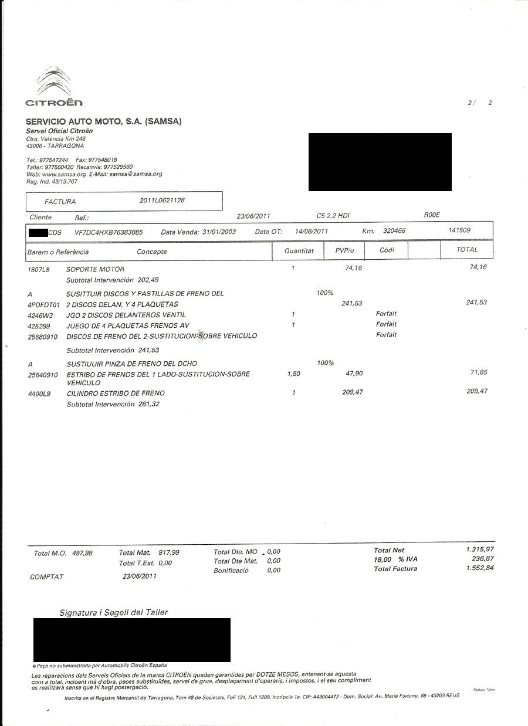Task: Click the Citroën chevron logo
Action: [53, 82]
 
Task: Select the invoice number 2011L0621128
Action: [162, 201]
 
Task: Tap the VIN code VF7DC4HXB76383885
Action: [109, 232]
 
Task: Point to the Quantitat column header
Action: [299, 250]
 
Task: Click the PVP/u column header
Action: [343, 250]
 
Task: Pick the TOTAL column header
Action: [467, 250]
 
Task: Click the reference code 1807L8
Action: [39, 270]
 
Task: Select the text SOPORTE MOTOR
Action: [95, 270]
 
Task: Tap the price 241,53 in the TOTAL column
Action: [476, 303]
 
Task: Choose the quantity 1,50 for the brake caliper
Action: [294, 374]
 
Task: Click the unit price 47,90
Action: [354, 374]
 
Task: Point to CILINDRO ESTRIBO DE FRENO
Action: [116, 393]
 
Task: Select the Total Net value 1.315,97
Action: [479, 549]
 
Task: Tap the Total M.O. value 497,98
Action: [82, 553]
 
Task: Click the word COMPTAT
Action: [46, 577]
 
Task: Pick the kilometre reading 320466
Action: [394, 231]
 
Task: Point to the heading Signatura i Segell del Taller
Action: [113, 612]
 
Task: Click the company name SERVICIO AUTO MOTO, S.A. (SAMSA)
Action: [104, 121]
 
